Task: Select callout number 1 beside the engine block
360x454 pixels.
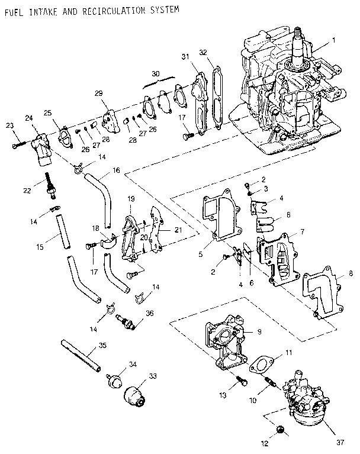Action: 334,40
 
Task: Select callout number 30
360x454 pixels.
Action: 156,73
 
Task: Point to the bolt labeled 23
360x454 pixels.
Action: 17,142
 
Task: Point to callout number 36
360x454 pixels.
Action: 150,314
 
